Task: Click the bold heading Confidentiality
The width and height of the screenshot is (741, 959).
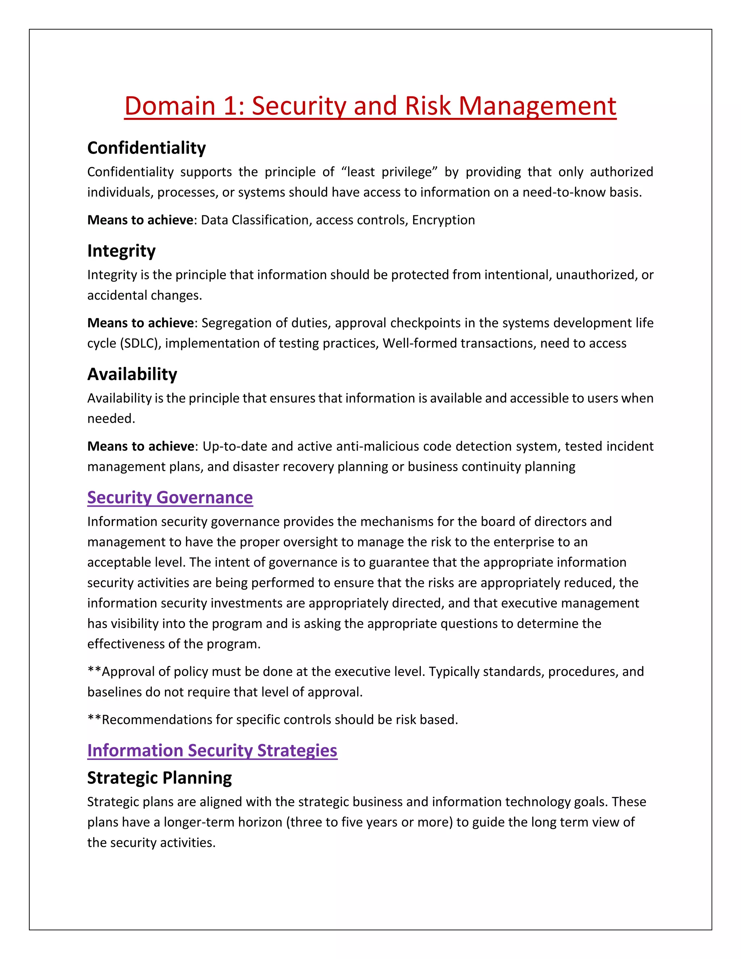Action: (146, 148)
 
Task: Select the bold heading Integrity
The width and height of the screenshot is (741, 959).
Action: (121, 251)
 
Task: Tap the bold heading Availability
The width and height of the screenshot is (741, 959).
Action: (132, 374)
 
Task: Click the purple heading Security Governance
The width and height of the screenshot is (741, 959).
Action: (170, 498)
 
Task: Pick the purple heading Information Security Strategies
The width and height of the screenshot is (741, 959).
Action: (212, 751)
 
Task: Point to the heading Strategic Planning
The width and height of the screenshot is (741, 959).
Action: (159, 778)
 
